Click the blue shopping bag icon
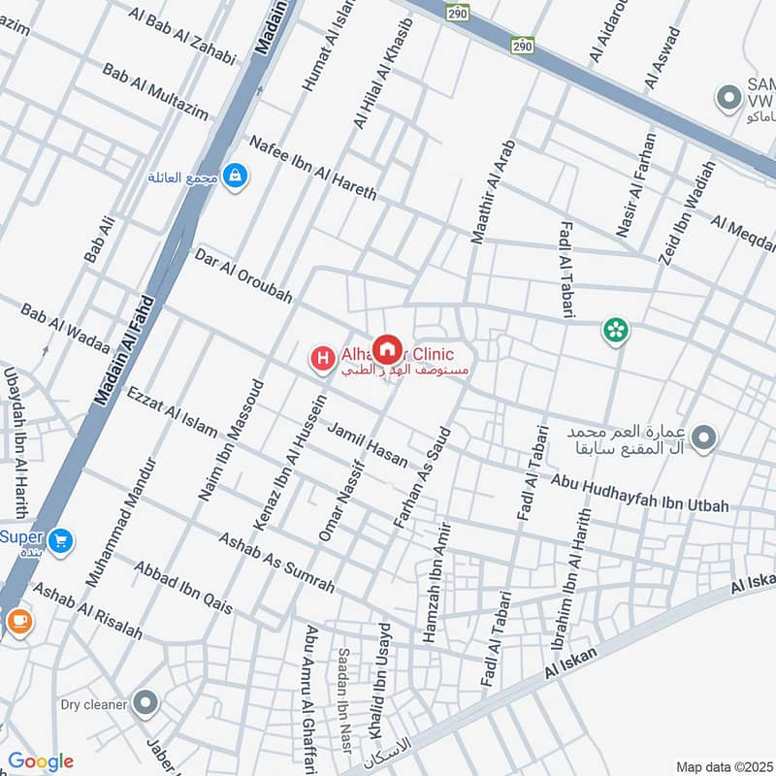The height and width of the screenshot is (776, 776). tap(234, 177)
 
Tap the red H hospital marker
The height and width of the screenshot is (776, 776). tap(321, 359)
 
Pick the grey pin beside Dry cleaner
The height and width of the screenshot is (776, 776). tap(145, 702)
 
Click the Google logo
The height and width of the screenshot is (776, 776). tap(40, 761)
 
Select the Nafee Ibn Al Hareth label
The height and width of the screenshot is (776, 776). tap(312, 168)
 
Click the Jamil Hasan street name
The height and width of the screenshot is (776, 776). tap(367, 445)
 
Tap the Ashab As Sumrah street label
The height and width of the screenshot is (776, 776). tap(275, 563)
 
